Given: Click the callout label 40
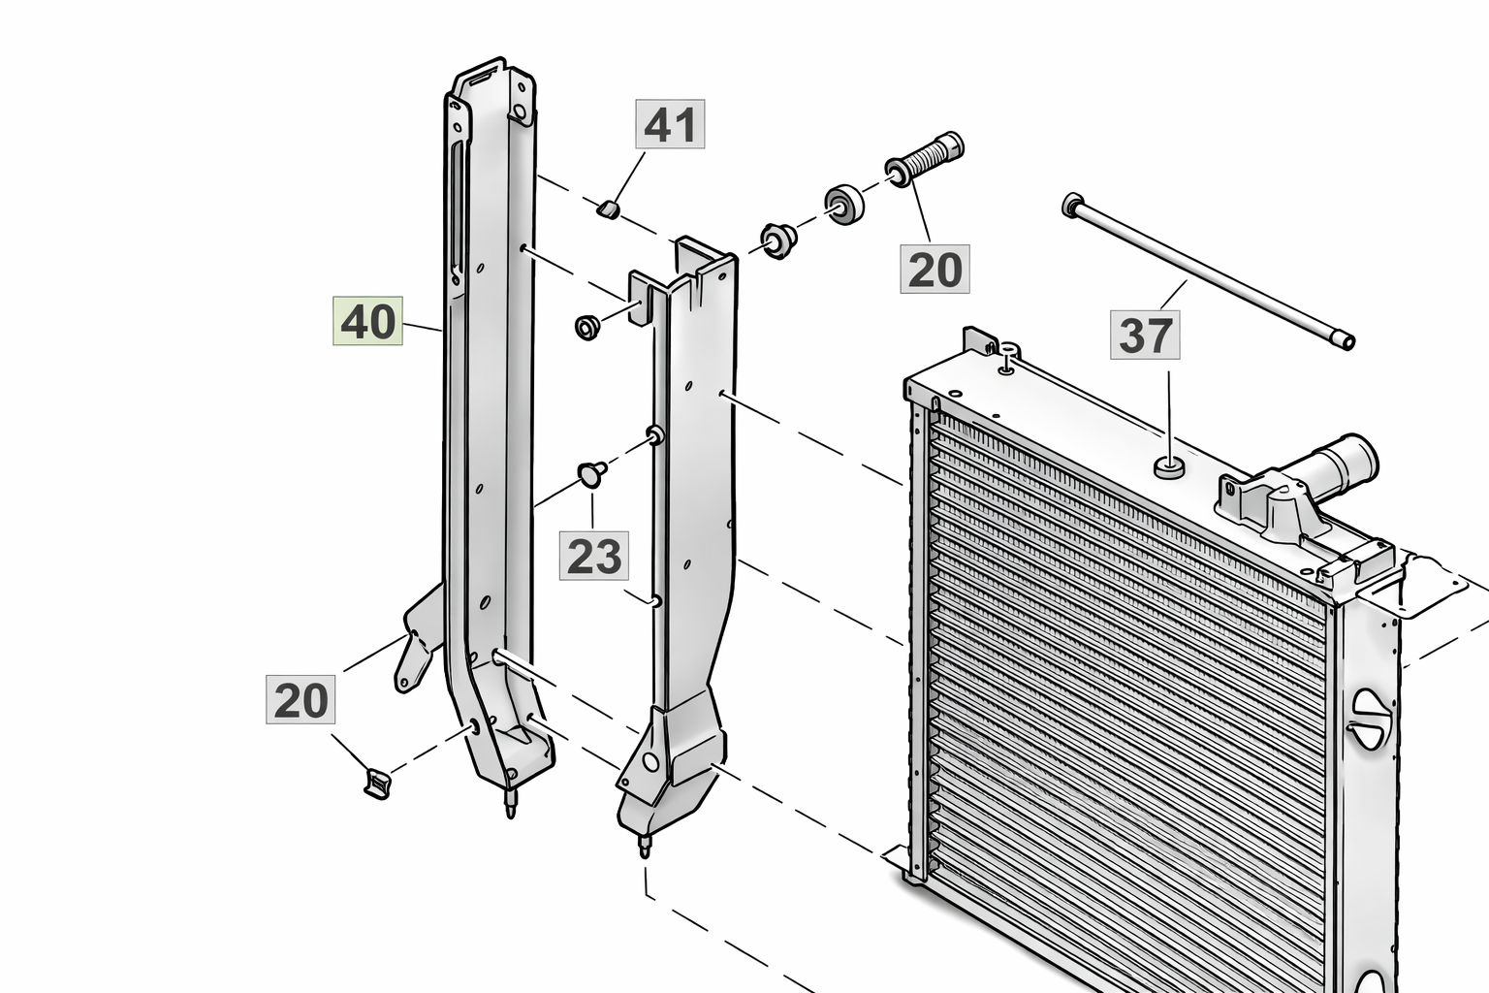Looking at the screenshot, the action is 367,321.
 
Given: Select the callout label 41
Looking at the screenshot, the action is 670,124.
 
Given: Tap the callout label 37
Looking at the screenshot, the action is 1145,336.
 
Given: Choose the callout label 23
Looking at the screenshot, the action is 594,556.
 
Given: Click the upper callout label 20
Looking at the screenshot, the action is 935,269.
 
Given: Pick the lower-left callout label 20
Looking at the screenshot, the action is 301,699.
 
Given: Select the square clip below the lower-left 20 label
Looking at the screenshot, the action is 376,781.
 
